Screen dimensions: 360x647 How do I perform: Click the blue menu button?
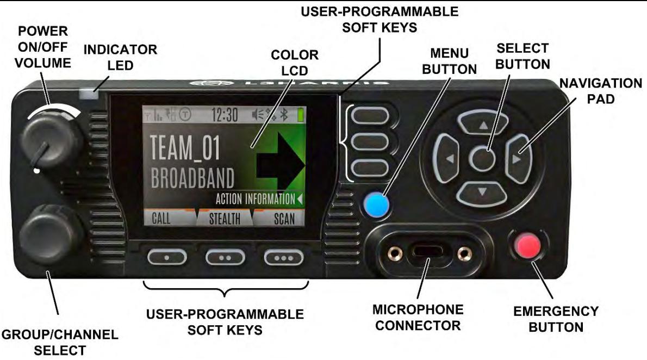[x=375, y=204]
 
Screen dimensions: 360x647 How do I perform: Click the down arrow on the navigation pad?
[x=482, y=191]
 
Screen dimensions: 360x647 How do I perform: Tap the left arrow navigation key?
[x=448, y=159]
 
